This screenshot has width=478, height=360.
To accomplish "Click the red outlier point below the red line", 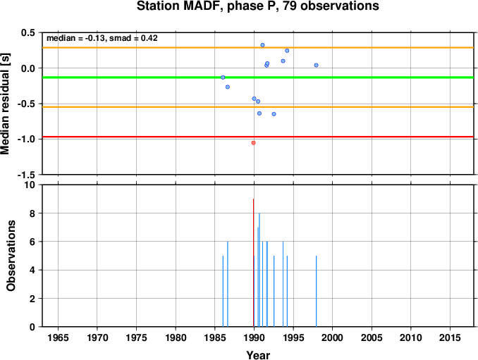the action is (x=253, y=143).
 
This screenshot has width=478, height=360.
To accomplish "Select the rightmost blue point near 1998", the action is (x=316, y=66).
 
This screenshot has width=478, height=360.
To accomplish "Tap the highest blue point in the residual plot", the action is (x=262, y=45).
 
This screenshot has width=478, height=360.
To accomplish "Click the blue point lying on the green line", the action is (x=223, y=77).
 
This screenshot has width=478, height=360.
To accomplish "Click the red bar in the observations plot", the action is (x=253, y=263).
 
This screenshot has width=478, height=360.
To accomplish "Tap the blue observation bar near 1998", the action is (x=316, y=291).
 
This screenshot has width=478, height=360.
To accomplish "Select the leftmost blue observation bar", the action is (x=223, y=291).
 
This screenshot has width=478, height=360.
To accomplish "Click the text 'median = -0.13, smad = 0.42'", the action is (x=102, y=38).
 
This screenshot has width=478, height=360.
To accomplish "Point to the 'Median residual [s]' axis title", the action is (x=5, y=104).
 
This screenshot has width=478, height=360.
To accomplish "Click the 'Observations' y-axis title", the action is (x=11, y=256).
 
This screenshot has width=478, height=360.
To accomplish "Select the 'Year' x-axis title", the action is (x=258, y=355).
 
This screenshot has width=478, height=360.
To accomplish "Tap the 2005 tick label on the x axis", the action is (x=372, y=337).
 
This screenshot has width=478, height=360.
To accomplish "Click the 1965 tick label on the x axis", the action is (x=58, y=337).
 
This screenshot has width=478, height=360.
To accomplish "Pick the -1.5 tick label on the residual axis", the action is (x=26, y=175).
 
